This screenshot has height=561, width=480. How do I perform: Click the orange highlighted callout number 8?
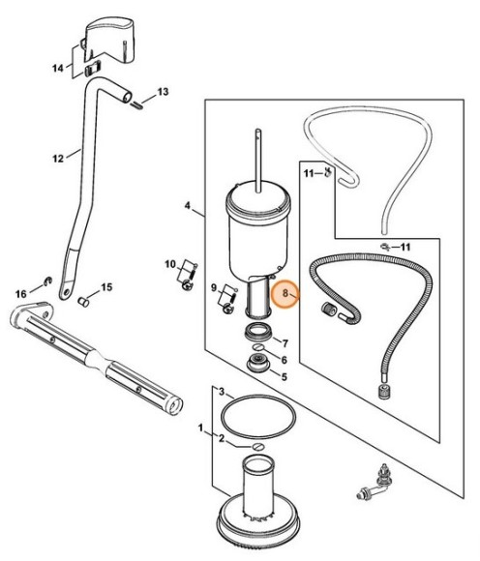tap(285, 293)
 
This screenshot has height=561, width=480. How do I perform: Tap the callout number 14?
tap(58, 68)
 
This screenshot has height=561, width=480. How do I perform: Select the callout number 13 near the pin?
tap(163, 92)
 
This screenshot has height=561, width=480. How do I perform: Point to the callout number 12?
tap(58, 159)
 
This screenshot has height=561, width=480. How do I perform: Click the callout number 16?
tap(20, 294)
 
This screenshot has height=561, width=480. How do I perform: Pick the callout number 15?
tap(106, 287)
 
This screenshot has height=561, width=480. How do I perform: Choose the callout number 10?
tap(170, 264)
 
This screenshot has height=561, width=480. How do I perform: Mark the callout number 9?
tap(214, 287)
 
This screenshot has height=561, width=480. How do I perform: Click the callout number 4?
tap(188, 205)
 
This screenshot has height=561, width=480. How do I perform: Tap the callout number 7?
tap(285, 343)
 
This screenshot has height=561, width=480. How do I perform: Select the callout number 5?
tap(285, 377)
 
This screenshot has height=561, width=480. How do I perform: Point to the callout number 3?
tap(222, 392)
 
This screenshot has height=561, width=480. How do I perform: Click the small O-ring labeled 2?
tap(258, 447)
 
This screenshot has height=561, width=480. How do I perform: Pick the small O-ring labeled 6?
tap(258, 348)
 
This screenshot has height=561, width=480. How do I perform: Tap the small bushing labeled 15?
tap(84, 302)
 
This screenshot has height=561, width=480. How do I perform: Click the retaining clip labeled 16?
tap(48, 281)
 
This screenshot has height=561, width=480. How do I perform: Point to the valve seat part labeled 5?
tap(257, 363)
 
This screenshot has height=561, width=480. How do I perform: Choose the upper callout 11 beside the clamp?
tap(310, 174)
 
